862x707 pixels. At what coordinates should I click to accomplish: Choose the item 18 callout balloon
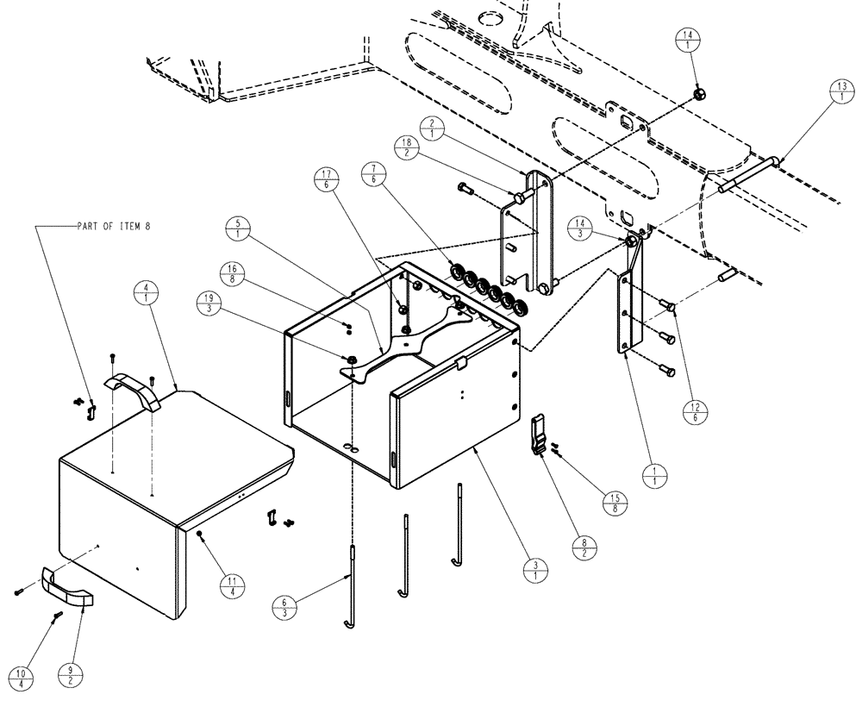tap(407, 147)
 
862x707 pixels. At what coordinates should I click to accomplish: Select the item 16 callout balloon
tap(233, 274)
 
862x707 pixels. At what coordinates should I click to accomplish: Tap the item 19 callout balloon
tap(207, 305)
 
